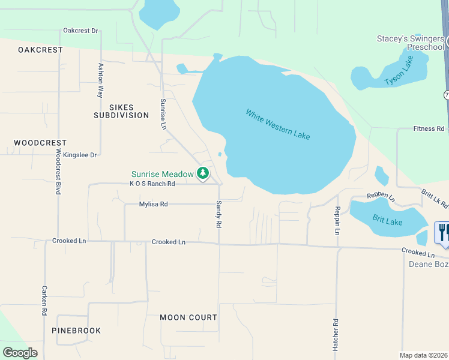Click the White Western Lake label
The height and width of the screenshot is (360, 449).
point(277,124)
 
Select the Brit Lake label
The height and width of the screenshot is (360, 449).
point(387,221)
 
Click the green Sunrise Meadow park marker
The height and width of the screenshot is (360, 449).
point(203,174)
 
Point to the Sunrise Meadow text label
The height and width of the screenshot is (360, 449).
point(163,174)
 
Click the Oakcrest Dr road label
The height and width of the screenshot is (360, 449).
point(80,31)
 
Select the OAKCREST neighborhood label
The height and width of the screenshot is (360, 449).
point(40,50)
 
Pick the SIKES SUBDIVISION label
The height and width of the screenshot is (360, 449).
point(121,111)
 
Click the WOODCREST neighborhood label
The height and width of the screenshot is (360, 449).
point(40,143)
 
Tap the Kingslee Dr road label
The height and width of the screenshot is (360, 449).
point(80,155)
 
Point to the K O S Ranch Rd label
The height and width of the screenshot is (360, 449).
point(152,184)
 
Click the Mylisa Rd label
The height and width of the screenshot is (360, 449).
point(153,204)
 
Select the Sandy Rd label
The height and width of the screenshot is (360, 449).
point(219,214)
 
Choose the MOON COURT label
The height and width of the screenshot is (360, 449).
point(188,317)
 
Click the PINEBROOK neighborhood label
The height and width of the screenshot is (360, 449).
point(76,331)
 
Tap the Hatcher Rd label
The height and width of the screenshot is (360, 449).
point(336,331)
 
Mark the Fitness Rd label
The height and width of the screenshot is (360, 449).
point(429,129)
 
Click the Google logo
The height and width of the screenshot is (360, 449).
point(20,353)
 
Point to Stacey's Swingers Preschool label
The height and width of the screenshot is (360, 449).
point(411,43)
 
